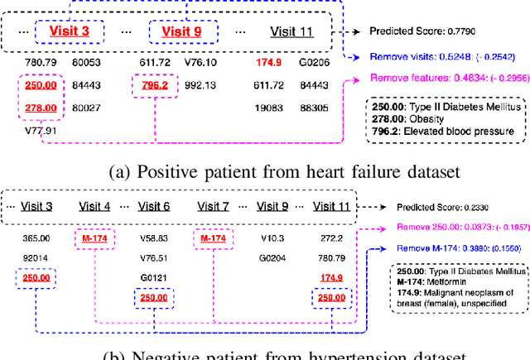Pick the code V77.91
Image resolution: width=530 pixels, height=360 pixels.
[40, 129]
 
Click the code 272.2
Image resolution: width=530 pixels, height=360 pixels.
[330, 238]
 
